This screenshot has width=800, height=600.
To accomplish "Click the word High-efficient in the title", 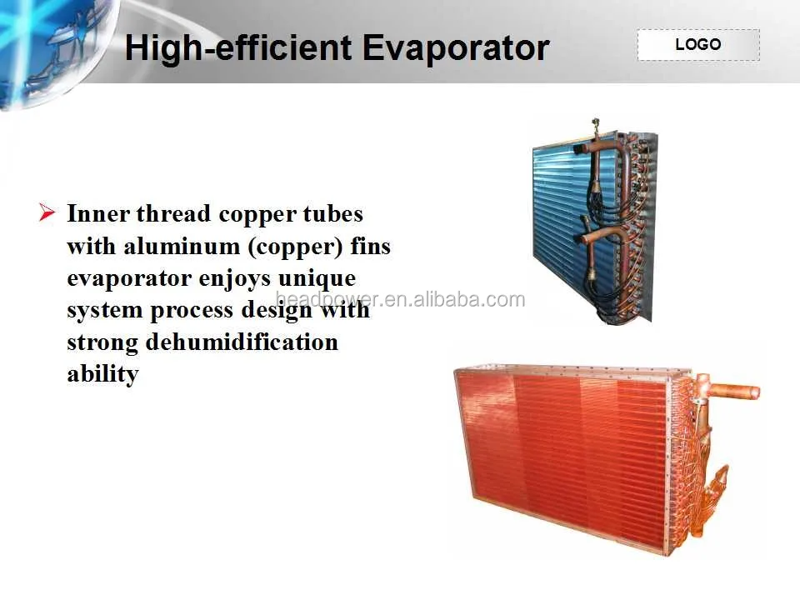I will coord(238,47).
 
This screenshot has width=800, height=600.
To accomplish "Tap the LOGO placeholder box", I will coord(698,45).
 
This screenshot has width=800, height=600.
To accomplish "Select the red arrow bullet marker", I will coord(47,213).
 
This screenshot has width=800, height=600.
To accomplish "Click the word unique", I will coord(318,278).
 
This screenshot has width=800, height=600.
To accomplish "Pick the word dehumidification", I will coord(242,342).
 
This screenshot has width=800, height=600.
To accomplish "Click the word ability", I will coord(102,374).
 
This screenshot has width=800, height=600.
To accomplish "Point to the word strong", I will coord(102,342).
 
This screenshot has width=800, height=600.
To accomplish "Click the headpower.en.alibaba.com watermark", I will coord(400,300).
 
